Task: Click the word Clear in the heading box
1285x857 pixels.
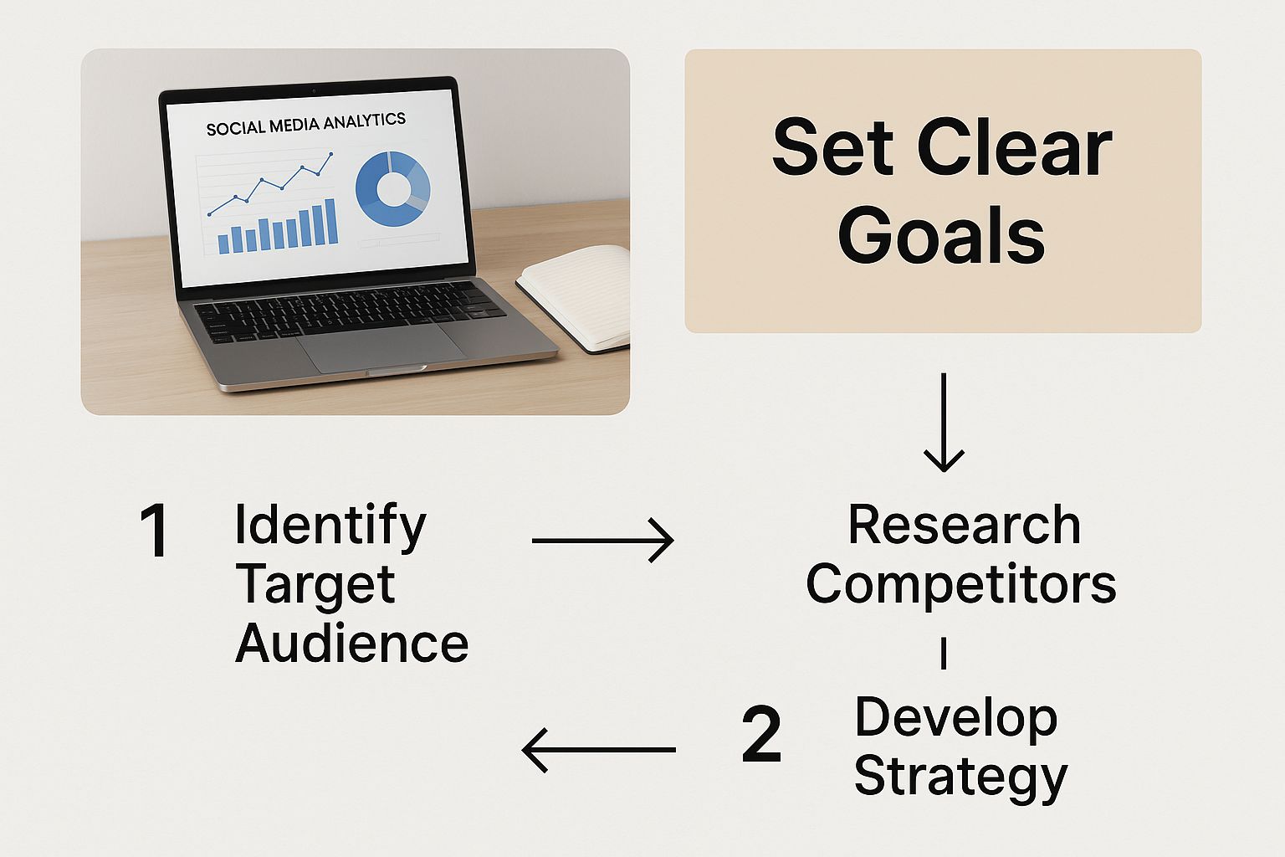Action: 1014,147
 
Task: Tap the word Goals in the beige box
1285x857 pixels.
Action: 941,235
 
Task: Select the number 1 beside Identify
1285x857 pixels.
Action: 154,530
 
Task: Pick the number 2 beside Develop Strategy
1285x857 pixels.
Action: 761,734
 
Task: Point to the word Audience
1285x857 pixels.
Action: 351,643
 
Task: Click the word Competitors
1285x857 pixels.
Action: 961,584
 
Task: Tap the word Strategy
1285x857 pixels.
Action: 961,777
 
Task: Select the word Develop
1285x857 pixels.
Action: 955,720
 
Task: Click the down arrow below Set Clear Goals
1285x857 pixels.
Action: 944,423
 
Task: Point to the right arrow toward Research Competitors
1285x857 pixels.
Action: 603,540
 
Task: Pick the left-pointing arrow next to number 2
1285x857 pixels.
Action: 598,750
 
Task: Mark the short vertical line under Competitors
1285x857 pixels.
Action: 944,654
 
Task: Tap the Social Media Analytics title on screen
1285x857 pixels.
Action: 305,124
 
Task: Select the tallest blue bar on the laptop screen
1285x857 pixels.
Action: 331,222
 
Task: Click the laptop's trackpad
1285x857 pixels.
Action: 381,346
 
